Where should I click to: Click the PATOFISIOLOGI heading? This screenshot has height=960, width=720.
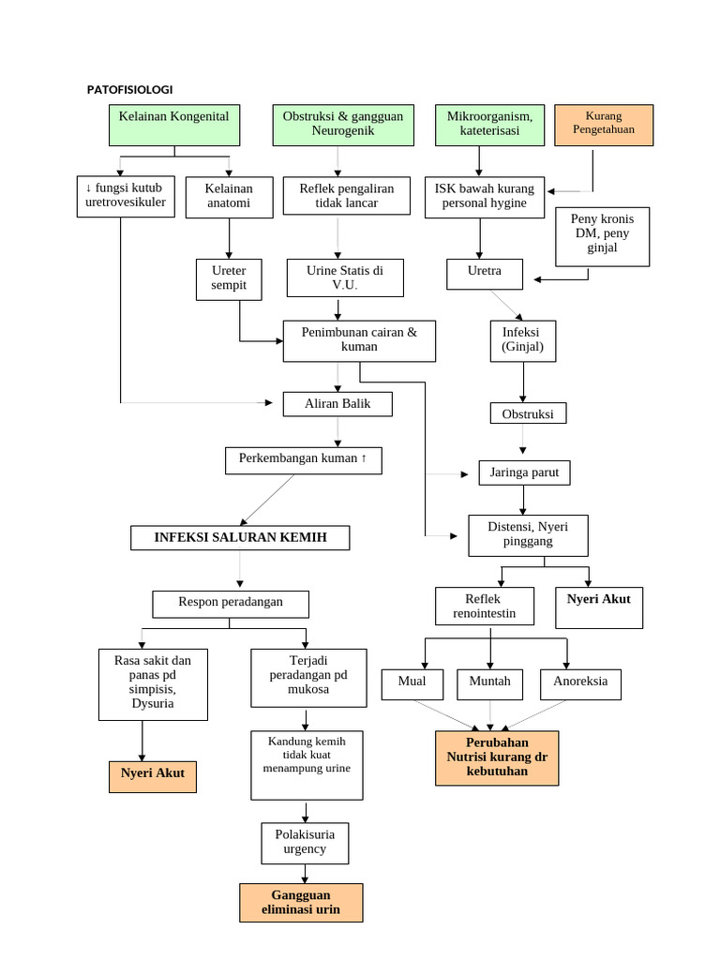point(129,89)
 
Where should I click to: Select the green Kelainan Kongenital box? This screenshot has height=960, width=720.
point(174,125)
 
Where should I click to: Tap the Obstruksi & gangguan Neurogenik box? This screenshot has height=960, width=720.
point(343,125)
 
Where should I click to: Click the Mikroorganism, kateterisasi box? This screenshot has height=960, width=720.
point(489,125)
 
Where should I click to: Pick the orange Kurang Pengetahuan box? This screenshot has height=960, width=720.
point(603,125)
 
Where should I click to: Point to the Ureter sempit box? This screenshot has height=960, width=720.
point(229,278)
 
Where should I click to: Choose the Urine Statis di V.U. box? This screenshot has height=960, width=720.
point(344,278)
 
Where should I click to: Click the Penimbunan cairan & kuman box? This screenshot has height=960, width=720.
point(359,340)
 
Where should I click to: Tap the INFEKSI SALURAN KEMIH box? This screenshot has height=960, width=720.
point(241,537)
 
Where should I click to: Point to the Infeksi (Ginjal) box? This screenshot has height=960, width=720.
point(522,339)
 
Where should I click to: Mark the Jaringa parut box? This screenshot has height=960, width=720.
point(524,473)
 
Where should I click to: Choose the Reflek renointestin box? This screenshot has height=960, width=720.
point(485,607)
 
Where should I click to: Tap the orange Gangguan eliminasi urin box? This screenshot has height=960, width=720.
point(301,902)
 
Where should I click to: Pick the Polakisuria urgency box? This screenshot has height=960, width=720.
point(304,842)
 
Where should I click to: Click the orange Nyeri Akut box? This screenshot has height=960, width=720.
point(152,774)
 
